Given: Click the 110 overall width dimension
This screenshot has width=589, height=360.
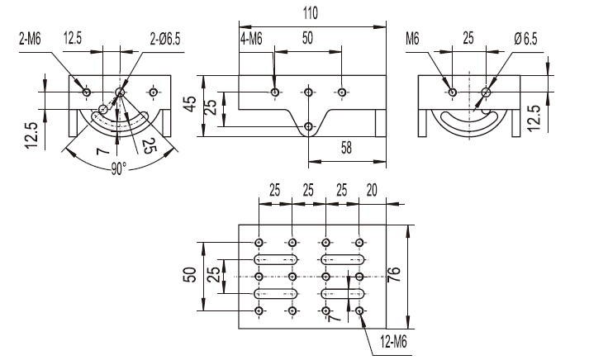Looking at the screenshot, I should pyautogui.click(x=311, y=13).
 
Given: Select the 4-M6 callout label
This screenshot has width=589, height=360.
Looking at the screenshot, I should pyautogui.click(x=251, y=39).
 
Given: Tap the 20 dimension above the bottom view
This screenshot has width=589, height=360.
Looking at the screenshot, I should pyautogui.click(x=372, y=190).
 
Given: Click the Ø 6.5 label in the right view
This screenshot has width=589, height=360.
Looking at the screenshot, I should pyautogui.click(x=525, y=39).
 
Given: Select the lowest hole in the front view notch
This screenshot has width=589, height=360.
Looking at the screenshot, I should pyautogui.click(x=308, y=126).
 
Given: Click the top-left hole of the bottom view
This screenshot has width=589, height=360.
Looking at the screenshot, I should pyautogui.click(x=260, y=242).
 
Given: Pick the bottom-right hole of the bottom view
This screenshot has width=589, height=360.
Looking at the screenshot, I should pyautogui.click(x=359, y=310).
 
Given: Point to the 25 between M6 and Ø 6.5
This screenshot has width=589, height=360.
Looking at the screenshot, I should pyautogui.click(x=468, y=39).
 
